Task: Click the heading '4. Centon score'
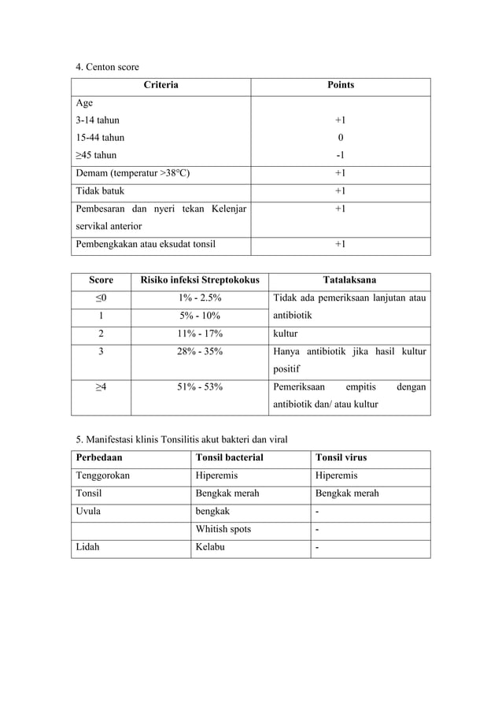point(107,67)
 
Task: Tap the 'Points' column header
point(340,85)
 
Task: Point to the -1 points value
point(340,155)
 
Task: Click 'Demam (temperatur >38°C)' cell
point(132,173)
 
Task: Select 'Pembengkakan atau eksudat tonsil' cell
point(145,244)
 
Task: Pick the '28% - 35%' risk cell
point(199,351)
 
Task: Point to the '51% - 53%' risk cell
point(199,387)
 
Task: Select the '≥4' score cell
point(101,387)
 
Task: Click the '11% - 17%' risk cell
point(199,333)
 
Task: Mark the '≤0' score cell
point(101,298)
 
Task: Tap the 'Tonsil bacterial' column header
point(229,457)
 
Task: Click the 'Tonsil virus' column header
point(341,457)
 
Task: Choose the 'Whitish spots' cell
point(223,529)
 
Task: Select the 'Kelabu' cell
point(209,547)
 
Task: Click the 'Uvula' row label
point(88,511)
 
